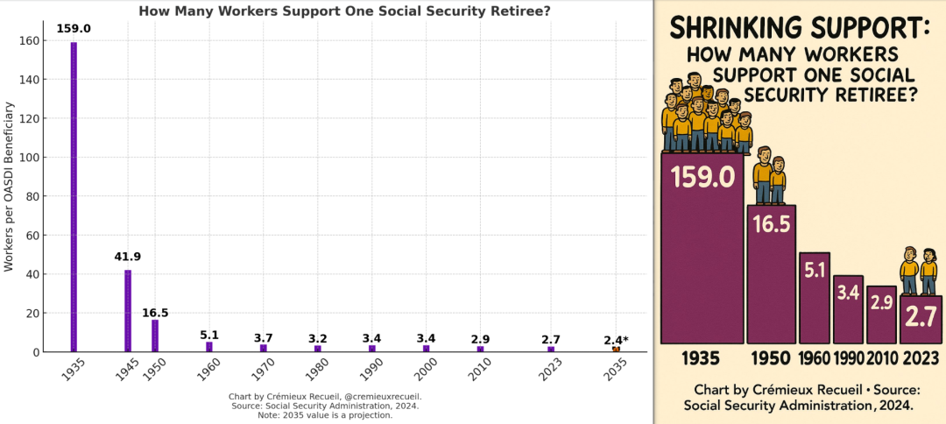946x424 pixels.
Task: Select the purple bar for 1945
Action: click(128, 311)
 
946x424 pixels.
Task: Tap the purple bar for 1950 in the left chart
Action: click(155, 336)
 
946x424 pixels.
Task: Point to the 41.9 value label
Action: click(127, 257)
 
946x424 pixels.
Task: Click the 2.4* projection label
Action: click(616, 340)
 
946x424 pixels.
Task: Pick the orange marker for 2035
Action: click(616, 350)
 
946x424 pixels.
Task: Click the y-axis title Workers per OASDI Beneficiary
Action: click(10, 187)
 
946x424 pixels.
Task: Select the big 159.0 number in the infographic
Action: click(702, 177)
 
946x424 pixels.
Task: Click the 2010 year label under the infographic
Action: click(882, 358)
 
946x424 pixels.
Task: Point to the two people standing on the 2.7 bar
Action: click(918, 272)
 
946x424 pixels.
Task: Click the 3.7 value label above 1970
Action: click(263, 338)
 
